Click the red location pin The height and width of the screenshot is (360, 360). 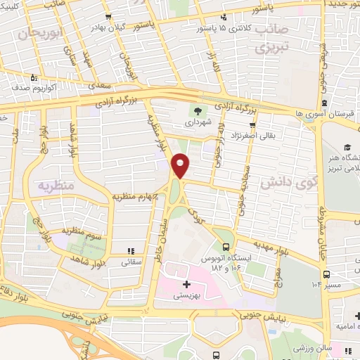pyautogui.click(x=181, y=165)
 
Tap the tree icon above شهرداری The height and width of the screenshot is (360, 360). pyautogui.click(x=197, y=110)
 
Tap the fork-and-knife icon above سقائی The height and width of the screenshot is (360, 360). pyautogui.click(x=130, y=250)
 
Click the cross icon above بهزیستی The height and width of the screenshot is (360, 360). pyautogui.click(x=186, y=285)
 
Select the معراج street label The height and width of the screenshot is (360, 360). pyautogui.click(x=276, y=272)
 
